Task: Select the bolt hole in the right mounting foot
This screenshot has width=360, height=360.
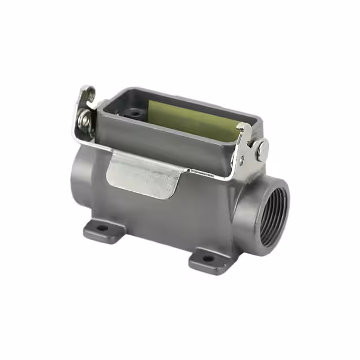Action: coord(208,259)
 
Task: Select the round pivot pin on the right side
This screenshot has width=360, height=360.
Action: coord(262,150)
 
